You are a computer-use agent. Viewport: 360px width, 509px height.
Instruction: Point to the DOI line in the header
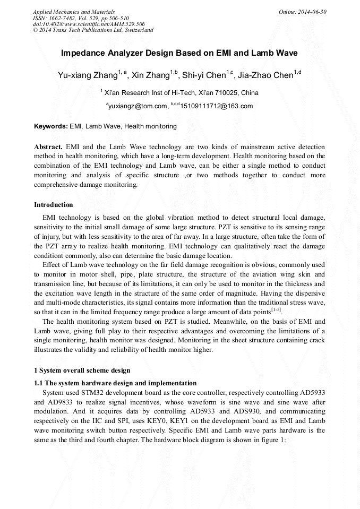click(x=89, y=24)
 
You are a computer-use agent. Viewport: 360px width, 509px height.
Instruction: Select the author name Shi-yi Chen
click(x=204, y=75)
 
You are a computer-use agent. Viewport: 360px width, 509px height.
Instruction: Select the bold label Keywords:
click(x=51, y=127)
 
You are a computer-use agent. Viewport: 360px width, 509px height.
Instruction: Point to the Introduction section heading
click(x=54, y=205)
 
